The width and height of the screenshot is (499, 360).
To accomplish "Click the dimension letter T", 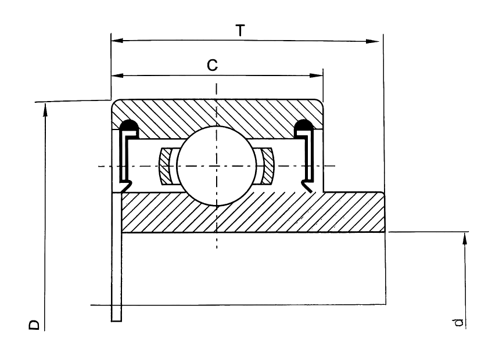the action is (x=240, y=31).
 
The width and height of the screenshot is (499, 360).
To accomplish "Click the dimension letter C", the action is (x=212, y=65).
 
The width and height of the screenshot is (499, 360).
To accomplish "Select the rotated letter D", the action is (x=34, y=325).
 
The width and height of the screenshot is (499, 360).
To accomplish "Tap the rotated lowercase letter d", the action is (x=458, y=322).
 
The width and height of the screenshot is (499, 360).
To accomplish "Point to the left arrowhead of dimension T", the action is (x=117, y=41).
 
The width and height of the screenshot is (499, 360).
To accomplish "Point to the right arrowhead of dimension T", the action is (x=373, y=41).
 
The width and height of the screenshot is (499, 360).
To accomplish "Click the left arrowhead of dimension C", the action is (x=117, y=75).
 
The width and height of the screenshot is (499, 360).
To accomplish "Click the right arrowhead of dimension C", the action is (x=317, y=75).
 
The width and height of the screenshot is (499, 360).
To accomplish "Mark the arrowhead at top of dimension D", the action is (x=45, y=109).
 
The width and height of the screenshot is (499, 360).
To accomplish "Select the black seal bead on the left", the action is (x=129, y=125).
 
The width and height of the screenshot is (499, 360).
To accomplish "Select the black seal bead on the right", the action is (x=304, y=125).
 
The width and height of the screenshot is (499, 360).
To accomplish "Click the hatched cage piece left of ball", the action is (x=165, y=166).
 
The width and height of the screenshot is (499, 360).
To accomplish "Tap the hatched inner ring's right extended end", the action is (x=354, y=212).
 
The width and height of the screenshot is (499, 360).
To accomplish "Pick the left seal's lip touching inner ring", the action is (x=126, y=186).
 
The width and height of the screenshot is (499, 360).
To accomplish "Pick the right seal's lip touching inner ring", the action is (x=307, y=186).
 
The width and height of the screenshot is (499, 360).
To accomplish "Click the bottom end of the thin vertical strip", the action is (x=117, y=321).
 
